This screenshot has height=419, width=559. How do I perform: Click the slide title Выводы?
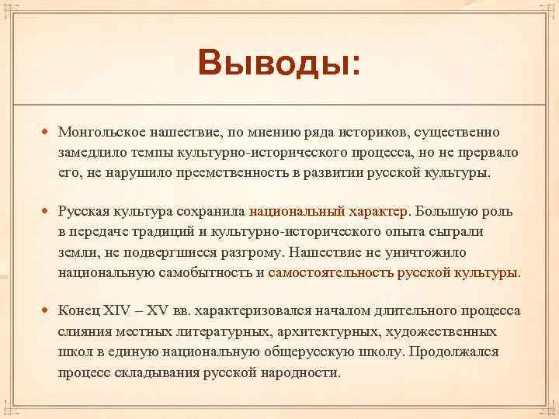279,62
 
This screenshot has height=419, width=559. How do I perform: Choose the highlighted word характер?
376,211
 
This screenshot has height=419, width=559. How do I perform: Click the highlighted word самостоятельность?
329,272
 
